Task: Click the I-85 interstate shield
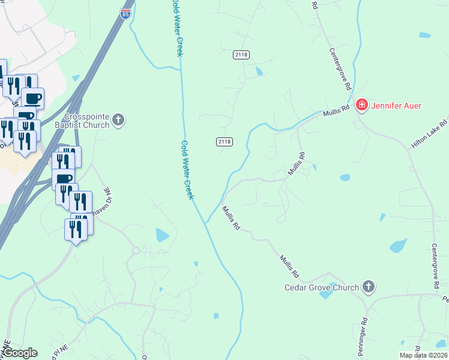pos(125,14)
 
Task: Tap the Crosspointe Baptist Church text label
pos(87,120)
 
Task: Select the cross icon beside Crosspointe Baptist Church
pos(119,120)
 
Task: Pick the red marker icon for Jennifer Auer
pos(362,106)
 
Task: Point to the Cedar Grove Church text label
pos(322,287)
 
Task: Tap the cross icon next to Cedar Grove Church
pos(369,287)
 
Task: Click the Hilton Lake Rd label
pos(430,134)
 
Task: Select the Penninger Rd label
pos(364,331)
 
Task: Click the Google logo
pos(20,353)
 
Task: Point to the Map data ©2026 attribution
pos(423,355)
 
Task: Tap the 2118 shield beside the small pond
pos(241,55)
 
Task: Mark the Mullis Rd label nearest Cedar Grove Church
pos(288,267)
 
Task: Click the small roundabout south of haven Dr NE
pos(136,250)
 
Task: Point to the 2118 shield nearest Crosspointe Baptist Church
pos(224,142)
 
